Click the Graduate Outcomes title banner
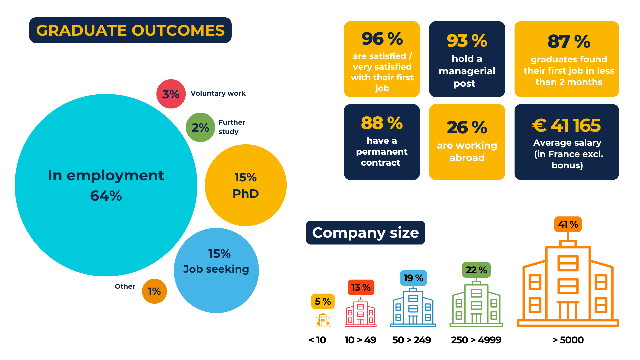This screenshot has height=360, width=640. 130,30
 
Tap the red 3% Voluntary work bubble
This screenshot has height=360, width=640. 171,94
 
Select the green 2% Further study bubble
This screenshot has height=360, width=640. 200,127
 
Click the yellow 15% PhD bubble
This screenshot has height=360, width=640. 246,185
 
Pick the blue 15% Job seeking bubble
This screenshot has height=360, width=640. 216,270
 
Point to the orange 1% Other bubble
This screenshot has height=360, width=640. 154,291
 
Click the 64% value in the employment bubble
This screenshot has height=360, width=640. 106,196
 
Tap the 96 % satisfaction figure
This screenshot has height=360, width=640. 382,39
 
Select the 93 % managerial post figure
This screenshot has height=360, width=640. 467,41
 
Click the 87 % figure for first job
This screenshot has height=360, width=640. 569,41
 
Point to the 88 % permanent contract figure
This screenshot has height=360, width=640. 382,123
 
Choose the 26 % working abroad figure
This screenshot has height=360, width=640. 467,127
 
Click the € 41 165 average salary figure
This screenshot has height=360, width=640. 566,125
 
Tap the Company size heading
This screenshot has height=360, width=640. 365,233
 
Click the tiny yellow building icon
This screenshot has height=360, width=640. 323,320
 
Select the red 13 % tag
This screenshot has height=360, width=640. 361,287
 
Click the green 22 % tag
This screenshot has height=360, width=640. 476,270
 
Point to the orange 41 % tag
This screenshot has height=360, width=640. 568,224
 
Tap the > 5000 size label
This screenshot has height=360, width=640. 568,340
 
